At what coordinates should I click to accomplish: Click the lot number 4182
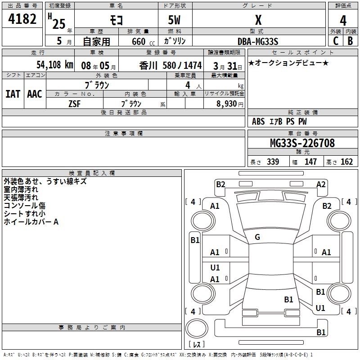pos(22,20)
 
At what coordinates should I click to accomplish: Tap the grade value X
pos(258,20)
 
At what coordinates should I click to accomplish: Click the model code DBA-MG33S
pos(258,41)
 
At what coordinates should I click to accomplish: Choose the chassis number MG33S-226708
pos(302,144)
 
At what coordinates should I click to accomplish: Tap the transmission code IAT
pos(12,94)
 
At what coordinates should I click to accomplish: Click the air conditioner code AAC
pos(34,94)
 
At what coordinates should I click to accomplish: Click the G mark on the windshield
pos(257,237)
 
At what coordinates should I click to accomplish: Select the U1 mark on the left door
pos(215,267)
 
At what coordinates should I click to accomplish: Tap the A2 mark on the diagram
pos(321,184)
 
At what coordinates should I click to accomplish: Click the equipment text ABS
pos(258,121)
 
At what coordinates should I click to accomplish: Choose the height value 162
pos(346,162)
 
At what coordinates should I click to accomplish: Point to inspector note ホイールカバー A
pos(31,221)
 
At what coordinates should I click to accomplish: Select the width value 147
pos(310,162)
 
